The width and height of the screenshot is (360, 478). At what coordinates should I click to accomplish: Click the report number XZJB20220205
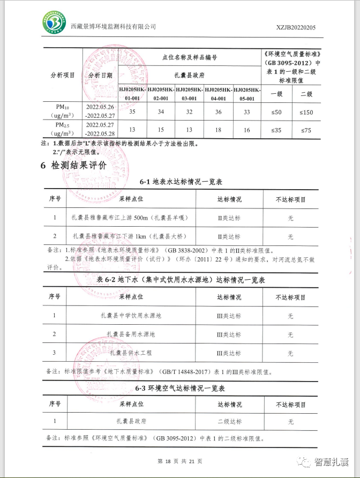296,27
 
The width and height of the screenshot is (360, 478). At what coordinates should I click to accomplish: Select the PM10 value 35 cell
132,111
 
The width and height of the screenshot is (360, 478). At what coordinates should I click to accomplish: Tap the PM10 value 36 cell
218,111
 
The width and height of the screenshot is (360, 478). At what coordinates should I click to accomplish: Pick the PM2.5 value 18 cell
218,129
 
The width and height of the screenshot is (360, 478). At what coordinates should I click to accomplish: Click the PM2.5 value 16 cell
247,129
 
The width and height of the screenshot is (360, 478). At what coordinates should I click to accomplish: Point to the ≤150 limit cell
306,111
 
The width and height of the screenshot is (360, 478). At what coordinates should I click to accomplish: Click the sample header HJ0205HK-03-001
189,94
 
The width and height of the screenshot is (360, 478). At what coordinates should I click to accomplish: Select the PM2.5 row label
61,129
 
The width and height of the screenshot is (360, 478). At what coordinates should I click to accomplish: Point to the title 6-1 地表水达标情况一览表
181,182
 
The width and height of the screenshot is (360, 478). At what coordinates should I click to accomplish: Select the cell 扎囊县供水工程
131,353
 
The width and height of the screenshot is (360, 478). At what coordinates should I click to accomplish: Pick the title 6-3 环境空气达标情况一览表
180,388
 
